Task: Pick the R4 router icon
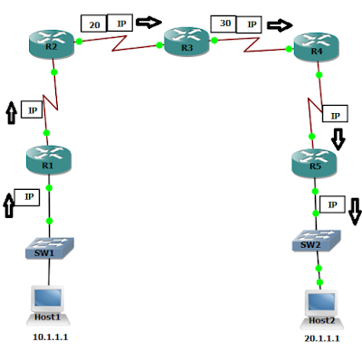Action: pyautogui.click(x=317, y=50)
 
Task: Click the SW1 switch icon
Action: pyautogui.click(x=50, y=247)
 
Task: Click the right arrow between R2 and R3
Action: pyautogui.click(x=148, y=22)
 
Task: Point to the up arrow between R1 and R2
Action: pyautogui.click(x=11, y=112)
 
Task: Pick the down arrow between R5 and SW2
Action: pyautogui.click(x=354, y=209)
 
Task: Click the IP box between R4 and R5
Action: pyautogui.click(x=336, y=115)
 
